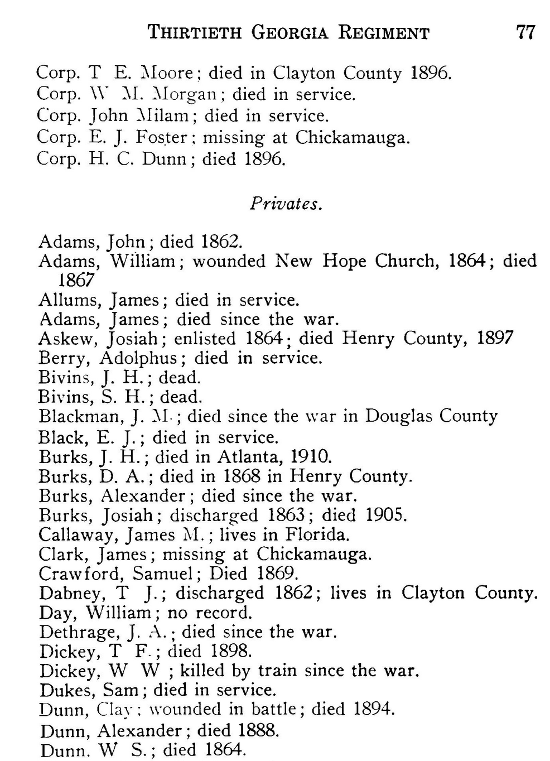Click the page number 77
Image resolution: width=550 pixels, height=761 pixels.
(525, 32)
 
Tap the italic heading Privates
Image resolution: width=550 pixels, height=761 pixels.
(286, 204)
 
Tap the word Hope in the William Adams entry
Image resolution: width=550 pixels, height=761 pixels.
(343, 261)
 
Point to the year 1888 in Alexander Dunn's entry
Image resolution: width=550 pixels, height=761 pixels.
(258, 730)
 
